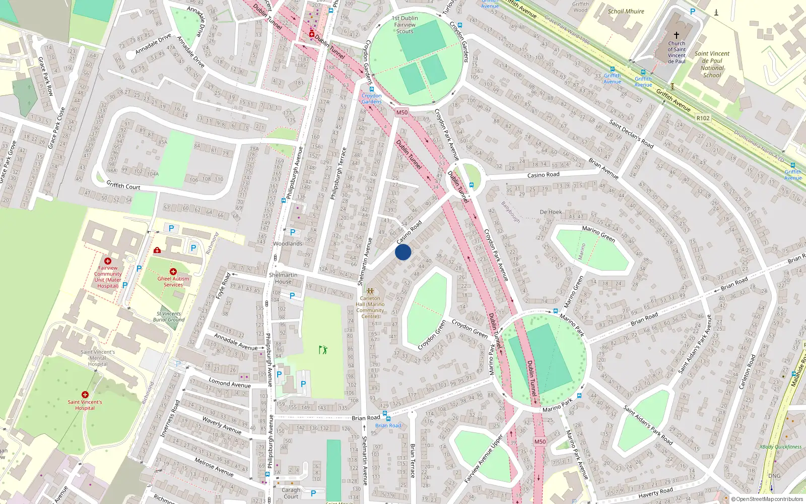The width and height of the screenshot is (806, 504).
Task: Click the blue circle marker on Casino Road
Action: (403, 252)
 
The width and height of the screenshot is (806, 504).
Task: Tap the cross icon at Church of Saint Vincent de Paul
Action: (677, 35)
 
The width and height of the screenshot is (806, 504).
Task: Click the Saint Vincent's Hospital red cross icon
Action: (85, 395)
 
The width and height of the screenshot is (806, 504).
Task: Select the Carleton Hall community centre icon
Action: (370, 291)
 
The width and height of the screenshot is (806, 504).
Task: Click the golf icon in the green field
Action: (323, 349)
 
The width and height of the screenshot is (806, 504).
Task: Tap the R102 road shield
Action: (703, 118)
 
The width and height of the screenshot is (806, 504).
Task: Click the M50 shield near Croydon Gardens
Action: (401, 113)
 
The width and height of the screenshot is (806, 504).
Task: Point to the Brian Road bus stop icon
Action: (385, 414)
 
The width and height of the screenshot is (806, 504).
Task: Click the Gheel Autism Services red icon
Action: (173, 272)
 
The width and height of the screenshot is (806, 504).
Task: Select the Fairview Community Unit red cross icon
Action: (108, 261)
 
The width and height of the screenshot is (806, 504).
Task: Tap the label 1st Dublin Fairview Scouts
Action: (405, 25)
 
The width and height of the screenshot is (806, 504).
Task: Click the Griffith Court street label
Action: (123, 186)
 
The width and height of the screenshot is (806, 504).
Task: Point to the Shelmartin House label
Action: (283, 278)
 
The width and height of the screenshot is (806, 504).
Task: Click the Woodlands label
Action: (288, 243)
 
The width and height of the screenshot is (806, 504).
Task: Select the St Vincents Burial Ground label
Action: (169, 317)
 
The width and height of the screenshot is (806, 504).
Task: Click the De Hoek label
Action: (551, 212)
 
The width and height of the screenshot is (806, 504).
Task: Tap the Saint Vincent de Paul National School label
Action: (712, 65)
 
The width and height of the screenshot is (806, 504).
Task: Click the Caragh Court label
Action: (291, 493)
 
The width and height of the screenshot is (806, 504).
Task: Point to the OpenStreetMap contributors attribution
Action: (767, 499)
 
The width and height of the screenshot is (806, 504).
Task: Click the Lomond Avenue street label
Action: (230, 384)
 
